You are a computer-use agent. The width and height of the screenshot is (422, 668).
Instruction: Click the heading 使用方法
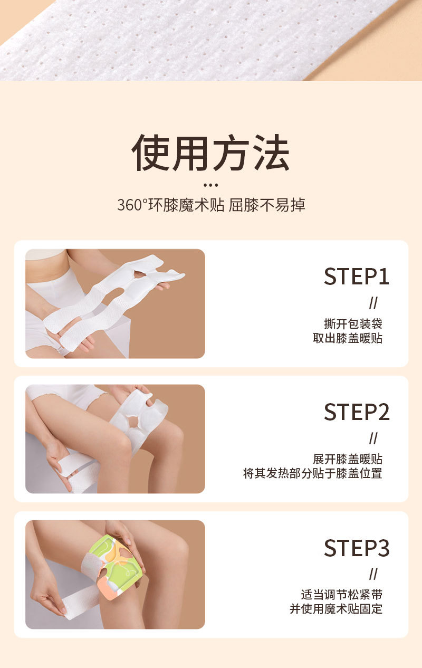(x=210, y=152)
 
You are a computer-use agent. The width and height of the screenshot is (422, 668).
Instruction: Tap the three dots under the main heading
(x=210, y=185)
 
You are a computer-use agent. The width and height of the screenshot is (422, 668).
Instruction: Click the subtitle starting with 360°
(x=211, y=205)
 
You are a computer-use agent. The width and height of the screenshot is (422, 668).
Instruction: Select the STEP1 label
(x=357, y=276)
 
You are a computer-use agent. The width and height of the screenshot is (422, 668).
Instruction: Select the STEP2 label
(x=357, y=412)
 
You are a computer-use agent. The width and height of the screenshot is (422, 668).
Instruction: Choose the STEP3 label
(x=357, y=548)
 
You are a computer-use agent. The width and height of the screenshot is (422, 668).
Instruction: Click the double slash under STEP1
(x=373, y=303)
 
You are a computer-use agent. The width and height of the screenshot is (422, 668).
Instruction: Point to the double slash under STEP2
(x=373, y=438)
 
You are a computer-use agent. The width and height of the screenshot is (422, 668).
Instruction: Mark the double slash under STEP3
(x=373, y=574)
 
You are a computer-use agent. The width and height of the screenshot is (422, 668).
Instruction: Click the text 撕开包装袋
(x=353, y=323)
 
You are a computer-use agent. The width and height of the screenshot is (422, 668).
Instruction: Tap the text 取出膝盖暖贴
(x=348, y=338)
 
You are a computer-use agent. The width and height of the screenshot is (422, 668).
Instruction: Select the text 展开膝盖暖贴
(x=348, y=459)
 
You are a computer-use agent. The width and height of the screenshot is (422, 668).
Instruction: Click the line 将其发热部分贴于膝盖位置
(x=313, y=474)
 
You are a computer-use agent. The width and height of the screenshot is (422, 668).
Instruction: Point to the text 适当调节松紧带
(x=341, y=595)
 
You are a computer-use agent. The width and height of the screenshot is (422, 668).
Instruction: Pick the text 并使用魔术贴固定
(x=336, y=609)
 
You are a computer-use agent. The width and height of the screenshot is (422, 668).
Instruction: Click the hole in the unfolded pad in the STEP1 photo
(x=140, y=274)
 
